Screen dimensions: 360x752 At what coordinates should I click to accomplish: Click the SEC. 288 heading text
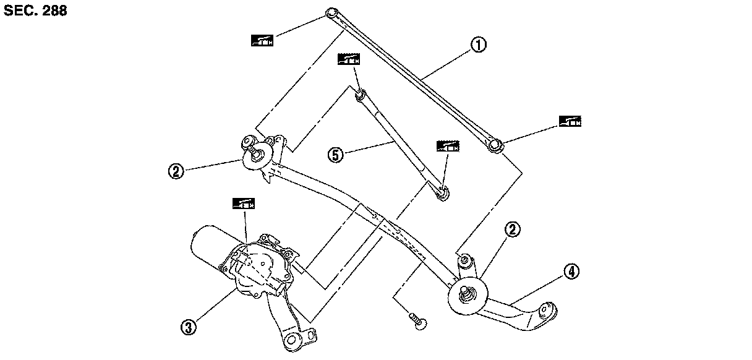click(35, 11)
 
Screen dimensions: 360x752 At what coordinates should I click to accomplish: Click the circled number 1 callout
click(478, 45)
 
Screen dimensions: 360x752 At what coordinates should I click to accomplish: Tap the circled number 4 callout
click(571, 270)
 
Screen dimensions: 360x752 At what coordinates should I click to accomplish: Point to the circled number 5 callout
click(336, 155)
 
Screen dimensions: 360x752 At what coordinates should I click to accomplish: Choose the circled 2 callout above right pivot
click(513, 229)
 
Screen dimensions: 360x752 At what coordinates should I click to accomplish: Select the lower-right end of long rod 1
click(495, 147)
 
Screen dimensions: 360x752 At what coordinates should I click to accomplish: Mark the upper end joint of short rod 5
click(361, 95)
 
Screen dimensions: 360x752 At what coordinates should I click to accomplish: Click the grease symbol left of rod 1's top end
click(262, 41)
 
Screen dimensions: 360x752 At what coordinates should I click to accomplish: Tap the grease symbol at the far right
click(570, 121)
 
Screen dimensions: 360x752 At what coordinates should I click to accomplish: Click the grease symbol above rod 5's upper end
click(349, 59)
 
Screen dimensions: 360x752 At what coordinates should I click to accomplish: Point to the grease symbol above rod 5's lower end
click(448, 146)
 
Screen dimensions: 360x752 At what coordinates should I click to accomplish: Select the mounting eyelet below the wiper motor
click(293, 340)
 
